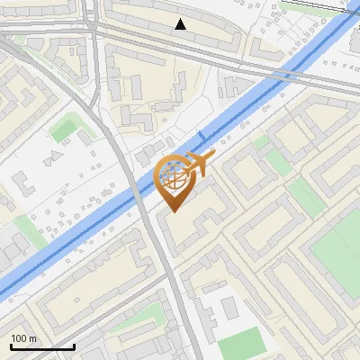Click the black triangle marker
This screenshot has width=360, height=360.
(181, 24)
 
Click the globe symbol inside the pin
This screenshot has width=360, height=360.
(173, 177)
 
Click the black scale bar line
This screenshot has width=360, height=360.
(41, 347)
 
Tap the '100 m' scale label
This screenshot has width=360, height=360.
(23, 338)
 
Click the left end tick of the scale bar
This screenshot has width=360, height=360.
(10, 345)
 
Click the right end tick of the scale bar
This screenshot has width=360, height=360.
(74, 345)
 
